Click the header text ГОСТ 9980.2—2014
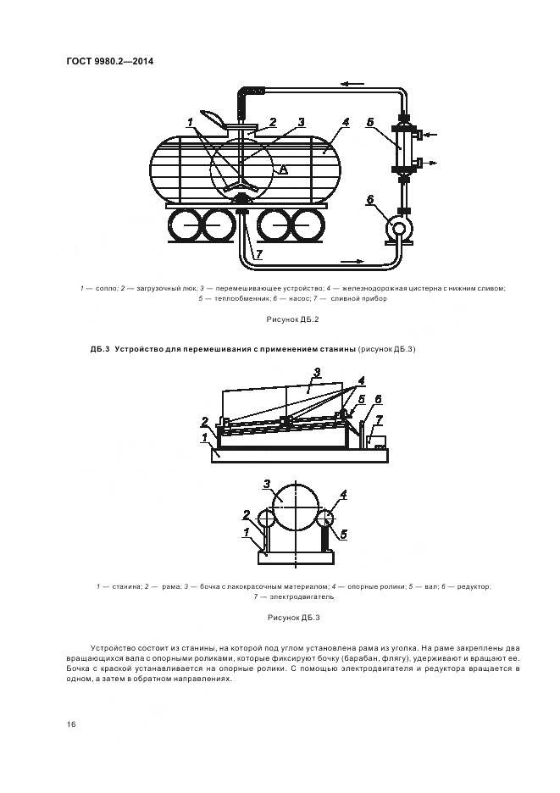pyautogui.click(x=110, y=62)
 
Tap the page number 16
pyautogui.click(x=71, y=724)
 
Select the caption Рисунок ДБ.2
pyautogui.click(x=293, y=319)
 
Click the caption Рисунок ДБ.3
pyautogui.click(x=293, y=618)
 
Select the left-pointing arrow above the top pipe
pyautogui.click(x=352, y=84)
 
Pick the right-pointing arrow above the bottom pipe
pyautogui.click(x=352, y=262)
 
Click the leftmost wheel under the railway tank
pyautogui.click(x=184, y=225)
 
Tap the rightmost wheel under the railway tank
pyautogui.click(x=308, y=225)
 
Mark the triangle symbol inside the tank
pyautogui.click(x=283, y=169)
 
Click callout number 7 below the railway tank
pyautogui.click(x=258, y=254)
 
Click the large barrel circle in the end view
pyautogui.click(x=296, y=507)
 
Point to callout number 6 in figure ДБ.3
pyautogui.click(x=377, y=400)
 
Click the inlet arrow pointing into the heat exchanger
pyautogui.click(x=430, y=135)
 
